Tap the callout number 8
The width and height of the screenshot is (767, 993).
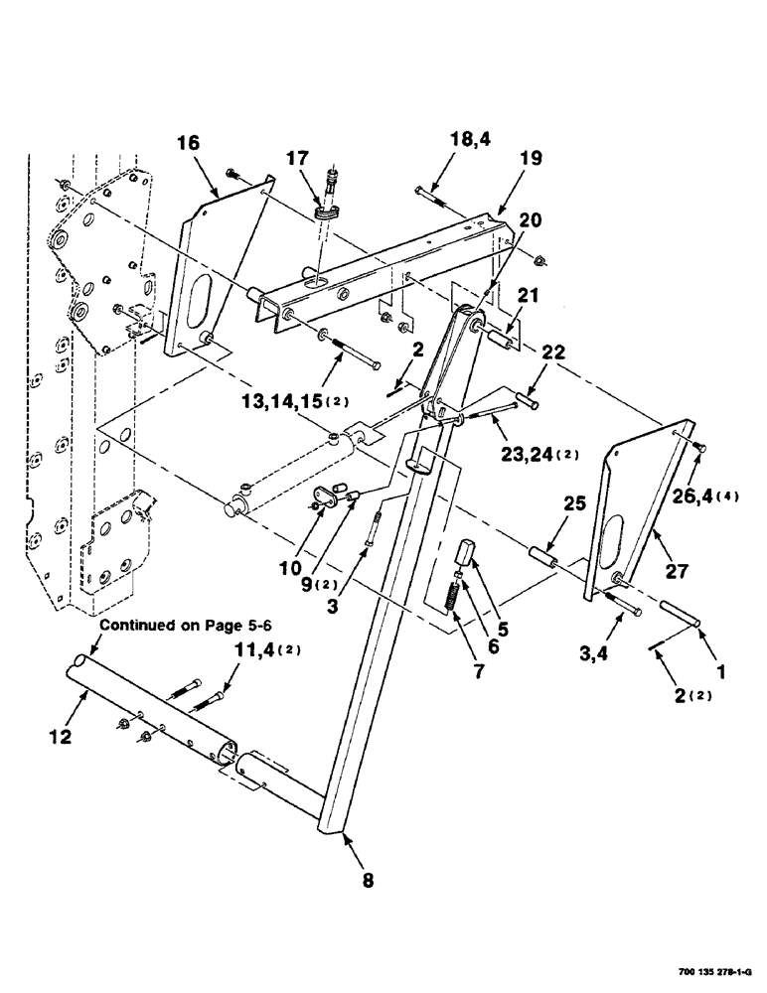point(369,878)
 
